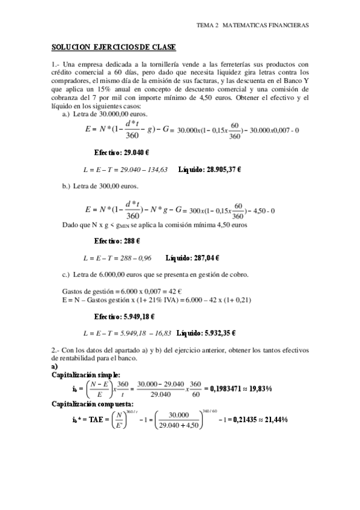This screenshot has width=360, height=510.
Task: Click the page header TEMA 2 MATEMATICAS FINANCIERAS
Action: [x=252, y=26]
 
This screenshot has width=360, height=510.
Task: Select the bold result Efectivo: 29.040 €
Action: [x=121, y=153]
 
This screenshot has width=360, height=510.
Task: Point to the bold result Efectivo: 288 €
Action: [x=117, y=241]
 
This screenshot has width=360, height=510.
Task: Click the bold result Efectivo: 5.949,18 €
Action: [x=124, y=316]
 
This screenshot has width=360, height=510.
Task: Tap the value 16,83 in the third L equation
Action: [x=161, y=333]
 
